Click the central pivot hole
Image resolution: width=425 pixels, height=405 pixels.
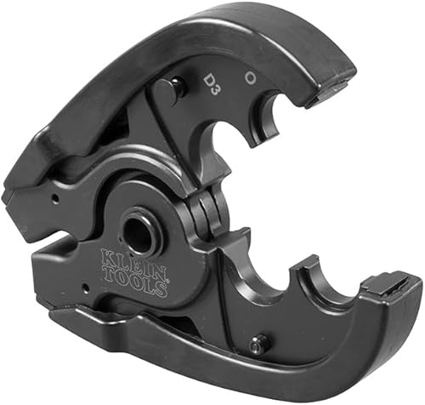[x=141, y=232]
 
